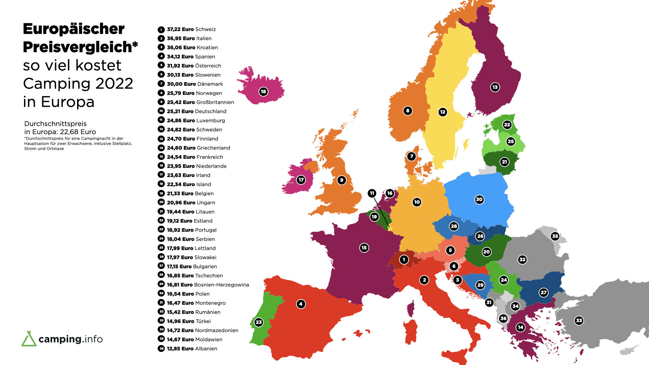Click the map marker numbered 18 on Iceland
click(x=263, y=91)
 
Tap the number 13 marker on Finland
click(x=495, y=87)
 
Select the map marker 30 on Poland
click(x=479, y=199)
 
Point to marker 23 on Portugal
click(x=259, y=322)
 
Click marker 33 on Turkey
click(x=579, y=320)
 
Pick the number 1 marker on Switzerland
click(x=404, y=260)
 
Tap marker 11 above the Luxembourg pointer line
click(x=372, y=193)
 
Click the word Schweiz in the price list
click(x=205, y=29)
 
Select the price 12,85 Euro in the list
click(x=180, y=349)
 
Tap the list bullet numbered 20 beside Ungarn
click(x=161, y=202)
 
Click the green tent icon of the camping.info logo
click(x=29, y=339)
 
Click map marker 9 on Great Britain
click(x=341, y=180)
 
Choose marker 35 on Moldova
click(x=555, y=236)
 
